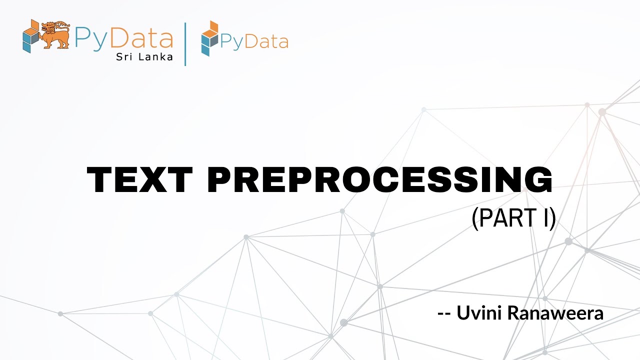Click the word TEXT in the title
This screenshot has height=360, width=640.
coord(139,180)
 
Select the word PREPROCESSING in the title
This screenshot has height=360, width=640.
coord(380,180)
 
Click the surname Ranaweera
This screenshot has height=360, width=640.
coord(555,313)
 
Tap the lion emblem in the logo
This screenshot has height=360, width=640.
coord(55,34)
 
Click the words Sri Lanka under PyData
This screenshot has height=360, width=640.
coord(144,56)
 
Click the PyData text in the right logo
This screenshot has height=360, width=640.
coord(254,41)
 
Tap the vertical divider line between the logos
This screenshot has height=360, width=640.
coord(185,43)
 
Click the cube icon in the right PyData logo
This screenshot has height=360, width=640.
coord(209,38)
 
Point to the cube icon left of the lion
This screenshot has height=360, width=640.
coord(30,35)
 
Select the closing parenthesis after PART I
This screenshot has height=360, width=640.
coord(552,219)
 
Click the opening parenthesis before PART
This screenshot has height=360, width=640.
coord(475,219)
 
